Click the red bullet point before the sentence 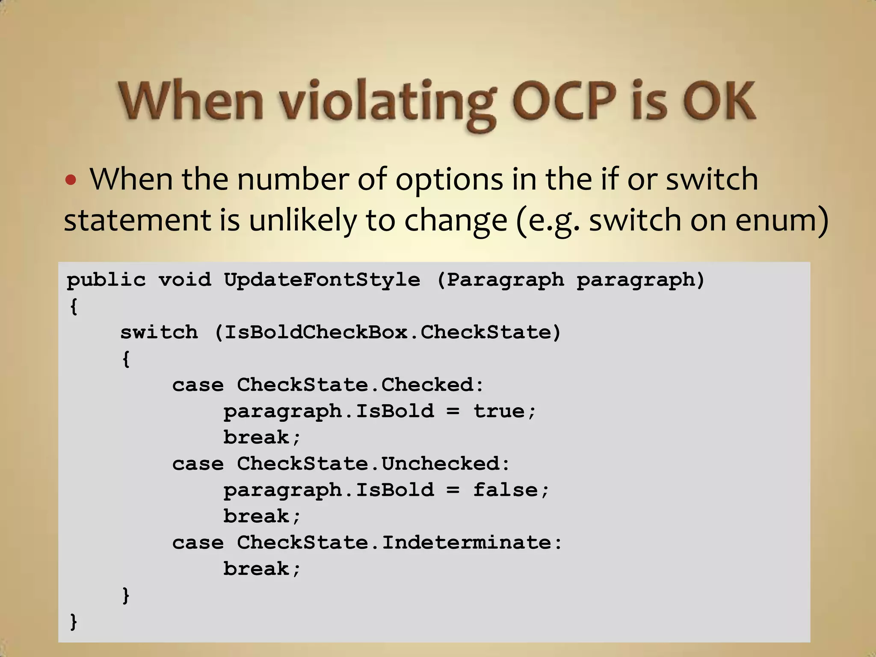[x=71, y=180]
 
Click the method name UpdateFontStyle [x=322, y=280]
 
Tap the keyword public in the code [x=106, y=280]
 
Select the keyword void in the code [x=185, y=280]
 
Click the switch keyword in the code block [x=159, y=333]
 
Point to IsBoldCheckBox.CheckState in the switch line [x=388, y=333]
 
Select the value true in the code [x=499, y=411]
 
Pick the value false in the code [x=506, y=490]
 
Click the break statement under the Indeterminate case [x=262, y=569]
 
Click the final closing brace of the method [x=74, y=621]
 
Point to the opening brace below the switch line [x=126, y=359]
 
